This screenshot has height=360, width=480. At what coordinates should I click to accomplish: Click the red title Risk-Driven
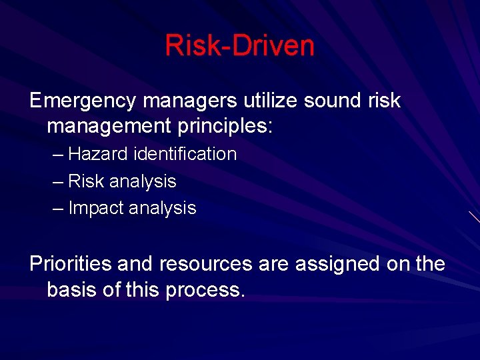coord(239,45)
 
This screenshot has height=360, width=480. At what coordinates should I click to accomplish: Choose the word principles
coord(227,125)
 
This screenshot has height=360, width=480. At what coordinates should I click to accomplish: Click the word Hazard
coord(99,154)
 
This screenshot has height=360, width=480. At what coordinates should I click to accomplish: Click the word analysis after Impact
coord(163,209)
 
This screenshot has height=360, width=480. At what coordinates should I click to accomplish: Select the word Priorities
coord(70,264)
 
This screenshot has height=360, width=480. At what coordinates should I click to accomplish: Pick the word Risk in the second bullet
coord(86,181)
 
